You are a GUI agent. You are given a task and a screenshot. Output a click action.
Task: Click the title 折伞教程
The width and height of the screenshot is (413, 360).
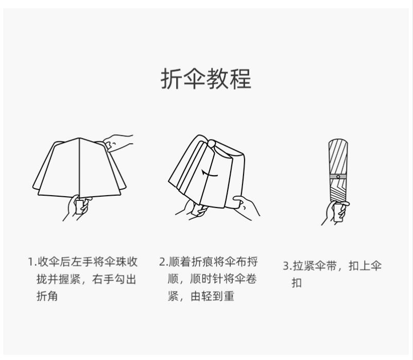click(x=206, y=79)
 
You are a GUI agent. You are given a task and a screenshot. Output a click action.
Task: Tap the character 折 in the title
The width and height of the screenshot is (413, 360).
click(x=171, y=79)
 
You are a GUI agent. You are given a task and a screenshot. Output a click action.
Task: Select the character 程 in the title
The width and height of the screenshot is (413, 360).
click(x=240, y=79)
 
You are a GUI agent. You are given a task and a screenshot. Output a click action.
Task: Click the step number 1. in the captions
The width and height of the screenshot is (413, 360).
click(x=32, y=262)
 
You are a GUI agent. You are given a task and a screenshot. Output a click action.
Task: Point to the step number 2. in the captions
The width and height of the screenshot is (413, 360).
click(x=163, y=262)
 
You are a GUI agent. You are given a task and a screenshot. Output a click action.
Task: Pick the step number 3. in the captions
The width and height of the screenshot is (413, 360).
click(x=287, y=266)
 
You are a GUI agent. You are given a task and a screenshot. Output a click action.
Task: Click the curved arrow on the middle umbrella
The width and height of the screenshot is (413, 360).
click(x=210, y=174)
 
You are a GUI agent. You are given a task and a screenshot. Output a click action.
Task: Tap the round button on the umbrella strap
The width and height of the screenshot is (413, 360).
click(x=338, y=177)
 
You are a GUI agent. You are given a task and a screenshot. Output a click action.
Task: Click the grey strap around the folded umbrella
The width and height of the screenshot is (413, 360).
click(x=338, y=177)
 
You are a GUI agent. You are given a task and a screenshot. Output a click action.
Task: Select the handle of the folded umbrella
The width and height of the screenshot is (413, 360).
click(x=338, y=213)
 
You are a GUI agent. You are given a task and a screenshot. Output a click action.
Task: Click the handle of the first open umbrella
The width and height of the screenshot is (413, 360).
click(x=80, y=207)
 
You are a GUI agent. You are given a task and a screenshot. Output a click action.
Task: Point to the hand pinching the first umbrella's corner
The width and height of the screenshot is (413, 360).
click(x=117, y=143)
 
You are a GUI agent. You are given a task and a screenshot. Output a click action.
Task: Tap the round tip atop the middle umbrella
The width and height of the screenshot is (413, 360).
click(x=212, y=144)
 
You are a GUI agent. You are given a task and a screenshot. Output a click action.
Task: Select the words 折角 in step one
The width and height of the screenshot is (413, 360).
click(x=47, y=296)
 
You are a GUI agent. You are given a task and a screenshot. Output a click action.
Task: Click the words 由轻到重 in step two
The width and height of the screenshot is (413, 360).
click(x=212, y=296)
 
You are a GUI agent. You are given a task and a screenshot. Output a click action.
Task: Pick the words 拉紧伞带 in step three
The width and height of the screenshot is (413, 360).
click(x=314, y=266)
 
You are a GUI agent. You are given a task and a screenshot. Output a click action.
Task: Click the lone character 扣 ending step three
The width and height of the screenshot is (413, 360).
click(x=297, y=283)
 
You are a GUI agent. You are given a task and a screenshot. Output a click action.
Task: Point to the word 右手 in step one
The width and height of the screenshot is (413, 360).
click(x=102, y=279)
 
